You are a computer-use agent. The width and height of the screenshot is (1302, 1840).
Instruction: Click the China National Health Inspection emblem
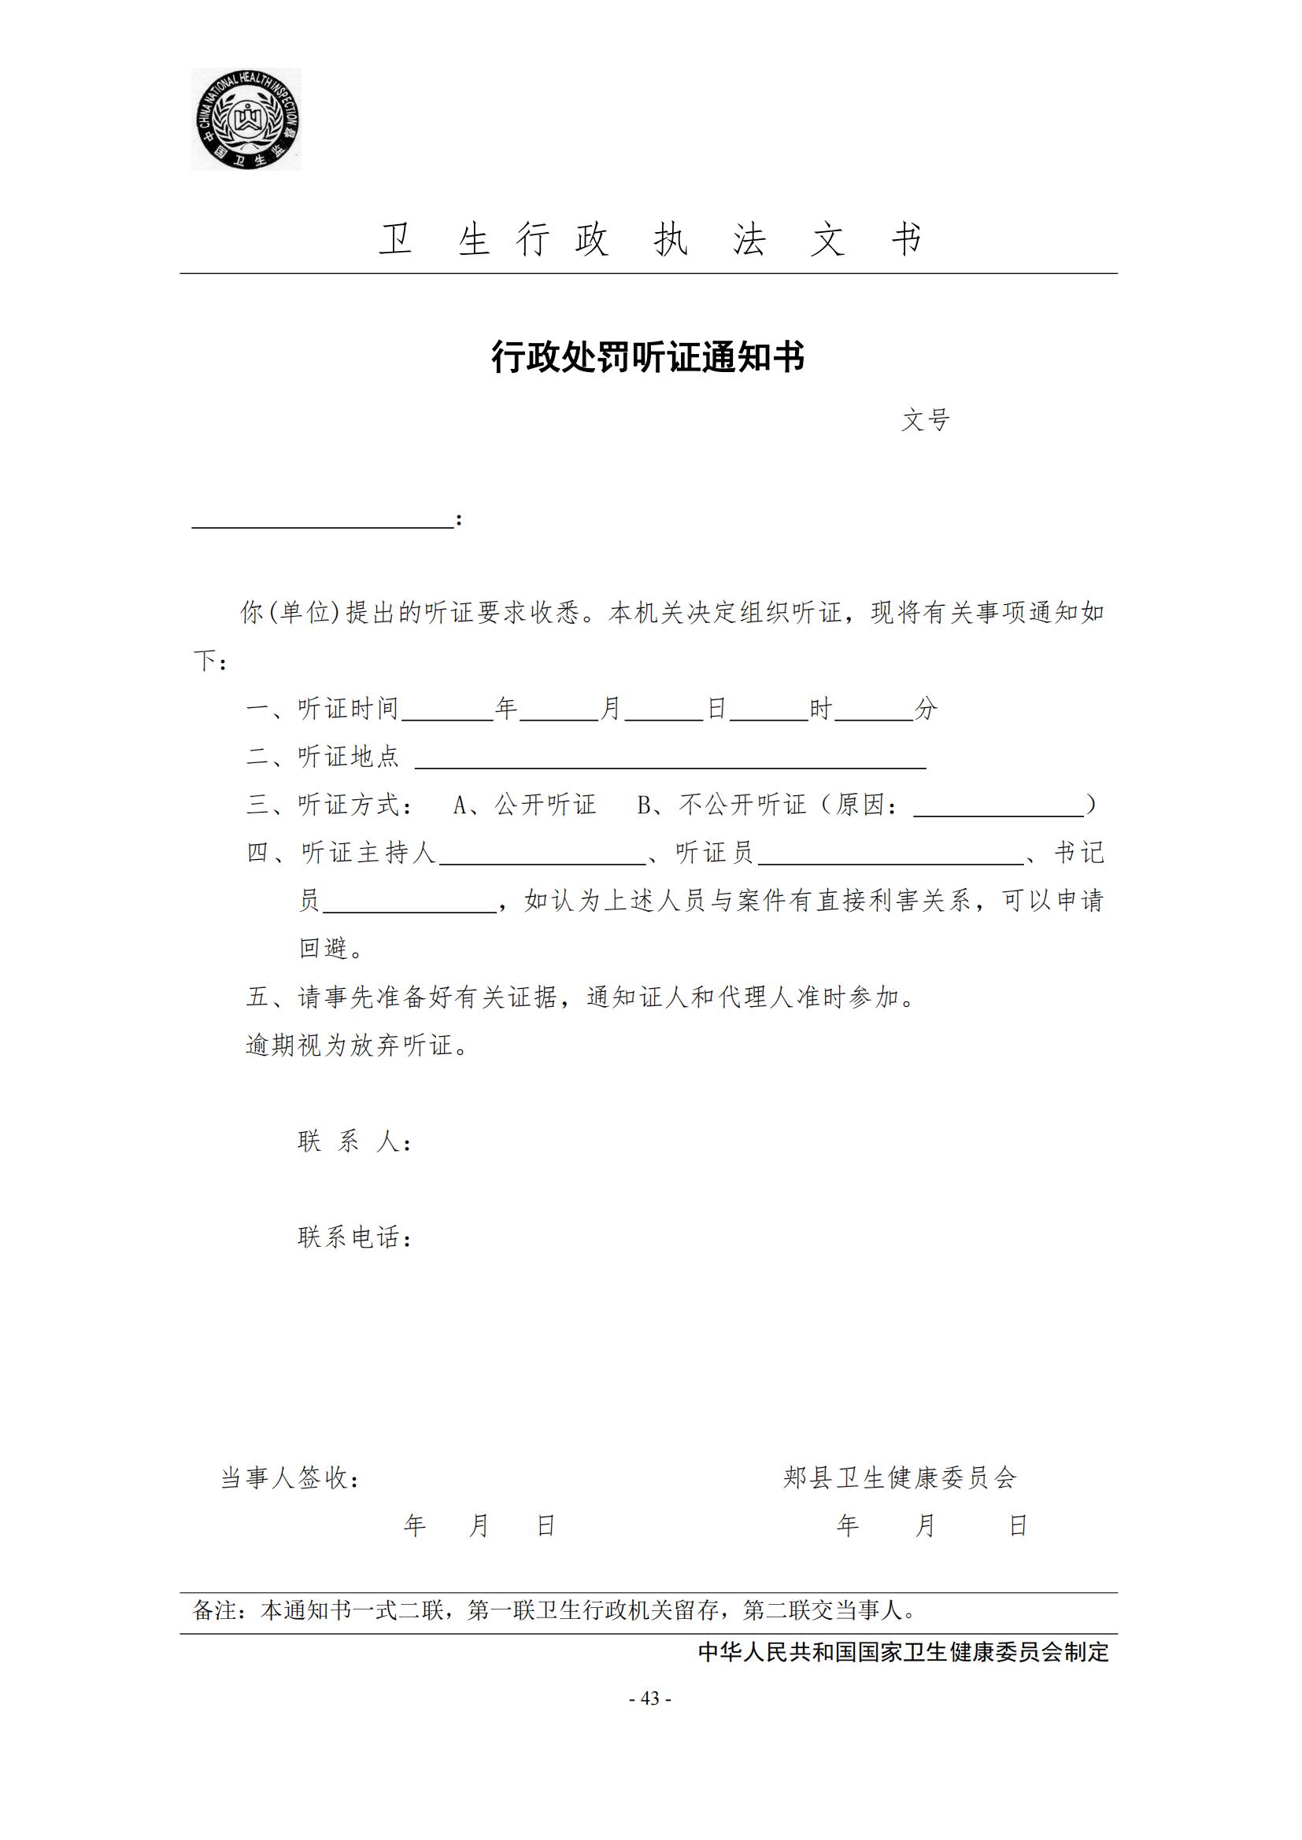click(246, 119)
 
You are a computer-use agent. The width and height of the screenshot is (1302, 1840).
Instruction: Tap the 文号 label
click(925, 420)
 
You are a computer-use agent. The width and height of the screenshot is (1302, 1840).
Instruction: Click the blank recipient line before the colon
click(322, 519)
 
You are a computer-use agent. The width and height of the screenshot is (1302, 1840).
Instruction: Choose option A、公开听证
click(524, 805)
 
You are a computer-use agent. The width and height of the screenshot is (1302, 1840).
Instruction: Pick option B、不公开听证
click(721, 805)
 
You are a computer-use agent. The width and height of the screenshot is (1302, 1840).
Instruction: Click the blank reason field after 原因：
click(998, 807)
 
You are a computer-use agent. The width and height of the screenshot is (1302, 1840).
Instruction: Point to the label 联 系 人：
click(354, 1141)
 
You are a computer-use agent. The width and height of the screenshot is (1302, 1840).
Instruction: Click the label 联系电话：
click(354, 1237)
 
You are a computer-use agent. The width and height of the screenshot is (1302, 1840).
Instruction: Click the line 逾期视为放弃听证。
click(357, 1045)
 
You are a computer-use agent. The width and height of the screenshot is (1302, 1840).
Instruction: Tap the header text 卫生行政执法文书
click(649, 240)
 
